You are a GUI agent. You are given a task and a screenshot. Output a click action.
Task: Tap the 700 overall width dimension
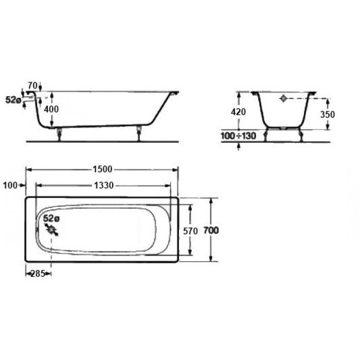(x=211, y=231)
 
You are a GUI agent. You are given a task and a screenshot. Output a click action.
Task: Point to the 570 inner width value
(x=190, y=231)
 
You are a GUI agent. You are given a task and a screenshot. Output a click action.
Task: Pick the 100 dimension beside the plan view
(x=10, y=185)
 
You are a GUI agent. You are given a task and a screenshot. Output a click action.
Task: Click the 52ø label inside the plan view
(x=51, y=218)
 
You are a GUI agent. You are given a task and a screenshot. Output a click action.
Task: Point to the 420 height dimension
(x=239, y=112)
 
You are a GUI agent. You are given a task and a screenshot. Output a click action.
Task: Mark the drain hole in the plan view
(x=51, y=229)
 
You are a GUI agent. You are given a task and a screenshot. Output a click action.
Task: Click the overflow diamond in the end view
(x=284, y=98)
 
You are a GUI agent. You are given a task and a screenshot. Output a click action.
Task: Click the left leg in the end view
(x=265, y=135)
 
